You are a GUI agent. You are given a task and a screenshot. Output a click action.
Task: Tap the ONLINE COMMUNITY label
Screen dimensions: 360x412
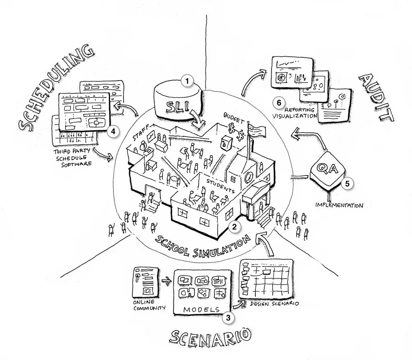point(149,305)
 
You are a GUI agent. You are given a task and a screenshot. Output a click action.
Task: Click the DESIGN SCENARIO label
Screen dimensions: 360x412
point(274,303)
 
